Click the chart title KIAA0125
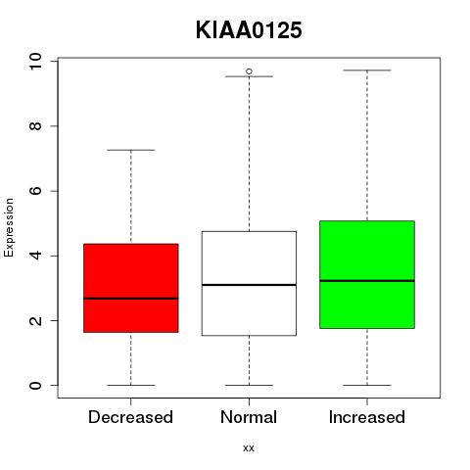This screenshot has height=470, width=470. [x=249, y=30]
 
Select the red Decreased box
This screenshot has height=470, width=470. [x=131, y=288]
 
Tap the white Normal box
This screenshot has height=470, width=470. [x=249, y=283]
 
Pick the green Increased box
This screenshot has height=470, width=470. [x=367, y=274]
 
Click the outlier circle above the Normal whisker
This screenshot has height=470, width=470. [x=249, y=71]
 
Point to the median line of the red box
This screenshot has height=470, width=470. [x=131, y=299]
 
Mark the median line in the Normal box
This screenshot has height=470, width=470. [x=249, y=285]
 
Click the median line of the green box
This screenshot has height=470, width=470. [x=367, y=281]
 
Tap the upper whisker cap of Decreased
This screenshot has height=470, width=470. [x=131, y=150]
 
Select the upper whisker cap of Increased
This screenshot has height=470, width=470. [x=367, y=70]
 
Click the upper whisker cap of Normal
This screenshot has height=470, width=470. [x=249, y=76]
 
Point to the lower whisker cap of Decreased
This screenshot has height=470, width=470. [x=131, y=385]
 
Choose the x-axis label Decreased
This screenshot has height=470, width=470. [x=130, y=417]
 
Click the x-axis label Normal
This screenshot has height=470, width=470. [x=249, y=417]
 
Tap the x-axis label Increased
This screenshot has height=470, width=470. [x=367, y=417]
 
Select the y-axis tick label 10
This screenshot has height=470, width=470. [x=35, y=61]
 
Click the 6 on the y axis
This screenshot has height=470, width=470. [x=35, y=191]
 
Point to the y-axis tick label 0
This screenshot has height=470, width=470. [x=35, y=385]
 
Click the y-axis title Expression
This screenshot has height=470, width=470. [x=9, y=227]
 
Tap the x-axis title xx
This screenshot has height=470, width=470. [x=249, y=448]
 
